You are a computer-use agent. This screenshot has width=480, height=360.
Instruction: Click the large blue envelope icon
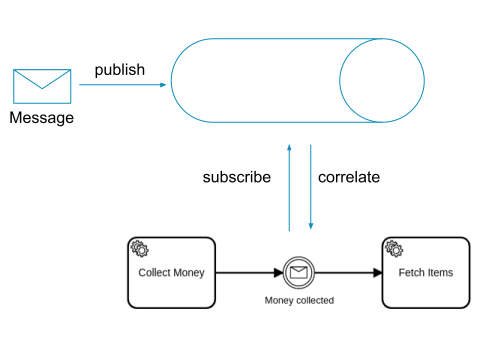coord(42,86)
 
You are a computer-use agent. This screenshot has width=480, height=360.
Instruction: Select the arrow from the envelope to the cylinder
coord(122,85)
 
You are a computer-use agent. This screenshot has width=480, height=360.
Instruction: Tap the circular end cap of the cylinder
coord(382,80)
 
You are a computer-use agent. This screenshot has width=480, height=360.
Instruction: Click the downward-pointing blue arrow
coord(310,185)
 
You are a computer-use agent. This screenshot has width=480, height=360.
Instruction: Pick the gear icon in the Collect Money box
coord(139,248)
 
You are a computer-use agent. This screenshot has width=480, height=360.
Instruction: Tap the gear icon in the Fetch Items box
coord(394,248)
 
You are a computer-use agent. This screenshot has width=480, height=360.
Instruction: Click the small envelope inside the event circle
coord(298,272)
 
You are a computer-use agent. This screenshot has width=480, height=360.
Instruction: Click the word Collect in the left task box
coord(154,272)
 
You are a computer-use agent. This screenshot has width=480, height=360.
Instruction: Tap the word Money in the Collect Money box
coord(188,272)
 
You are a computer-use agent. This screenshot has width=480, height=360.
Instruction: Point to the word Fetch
coord(411,272)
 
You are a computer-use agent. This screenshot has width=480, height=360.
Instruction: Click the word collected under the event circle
coord(314,300)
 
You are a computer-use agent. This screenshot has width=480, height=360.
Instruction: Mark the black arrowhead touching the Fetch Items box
coord(378,272)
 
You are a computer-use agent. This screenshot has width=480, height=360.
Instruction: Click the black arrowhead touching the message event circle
coord(278,272)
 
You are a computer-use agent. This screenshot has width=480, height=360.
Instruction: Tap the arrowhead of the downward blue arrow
coord(310,226)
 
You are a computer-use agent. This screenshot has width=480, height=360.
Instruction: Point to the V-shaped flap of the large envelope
coord(42,80)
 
